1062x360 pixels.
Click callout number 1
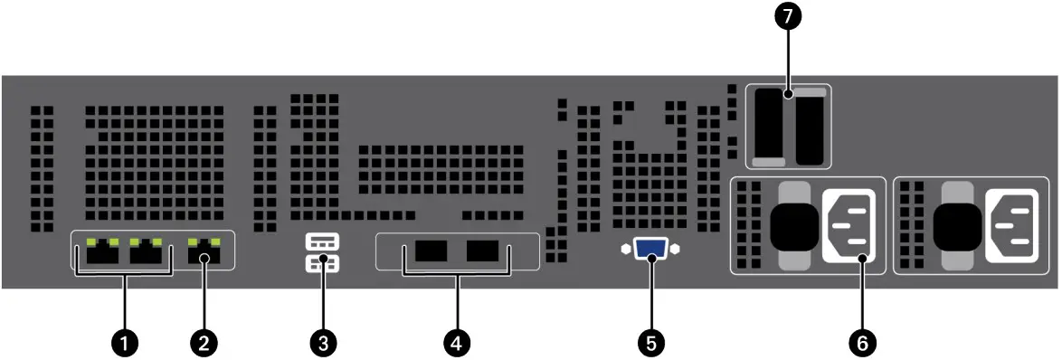126,342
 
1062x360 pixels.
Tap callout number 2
204,342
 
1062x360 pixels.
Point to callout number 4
457,342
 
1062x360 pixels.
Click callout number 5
650,342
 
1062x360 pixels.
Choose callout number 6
862,342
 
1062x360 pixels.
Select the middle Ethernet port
148,253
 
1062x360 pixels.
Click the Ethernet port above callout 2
204,253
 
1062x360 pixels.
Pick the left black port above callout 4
433,251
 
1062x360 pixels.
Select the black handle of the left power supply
793,225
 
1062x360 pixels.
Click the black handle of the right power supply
956,225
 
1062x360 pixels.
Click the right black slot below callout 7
811,128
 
